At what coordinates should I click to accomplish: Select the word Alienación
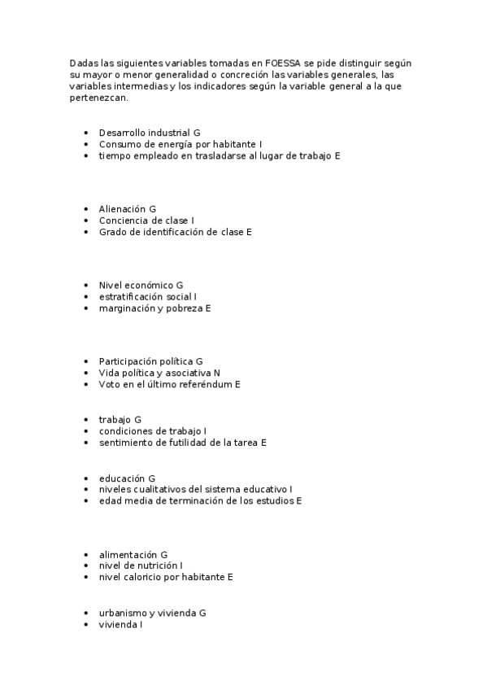(x=122, y=209)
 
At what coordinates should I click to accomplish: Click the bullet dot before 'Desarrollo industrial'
(x=87, y=132)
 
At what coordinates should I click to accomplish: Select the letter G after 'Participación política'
(x=199, y=360)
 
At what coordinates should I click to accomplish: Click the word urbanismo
(x=125, y=613)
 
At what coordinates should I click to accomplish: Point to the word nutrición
(x=156, y=565)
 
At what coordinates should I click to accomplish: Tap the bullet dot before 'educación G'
(x=87, y=478)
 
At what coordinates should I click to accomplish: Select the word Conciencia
(x=124, y=221)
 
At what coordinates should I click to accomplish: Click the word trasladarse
(x=227, y=155)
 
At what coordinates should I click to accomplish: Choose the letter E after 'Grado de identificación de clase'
(x=250, y=232)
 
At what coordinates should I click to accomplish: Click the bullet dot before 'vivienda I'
(x=87, y=624)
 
